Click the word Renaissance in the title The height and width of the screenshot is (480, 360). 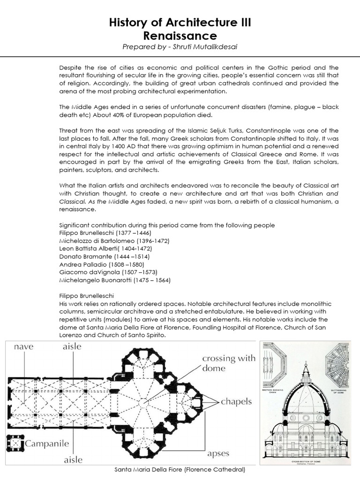pyautogui.click(x=180, y=36)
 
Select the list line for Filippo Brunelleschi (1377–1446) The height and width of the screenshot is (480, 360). pyautogui.click(x=105, y=232)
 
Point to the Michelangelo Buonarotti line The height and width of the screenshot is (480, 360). pyautogui.click(x=115, y=280)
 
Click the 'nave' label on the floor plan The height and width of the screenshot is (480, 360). pyautogui.click(x=23, y=347)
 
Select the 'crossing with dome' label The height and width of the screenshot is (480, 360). pyautogui.click(x=228, y=363)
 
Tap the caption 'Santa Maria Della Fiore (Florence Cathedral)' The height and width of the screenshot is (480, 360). pyautogui.click(x=180, y=469)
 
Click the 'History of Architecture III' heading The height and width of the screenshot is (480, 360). pyautogui.click(x=180, y=23)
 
